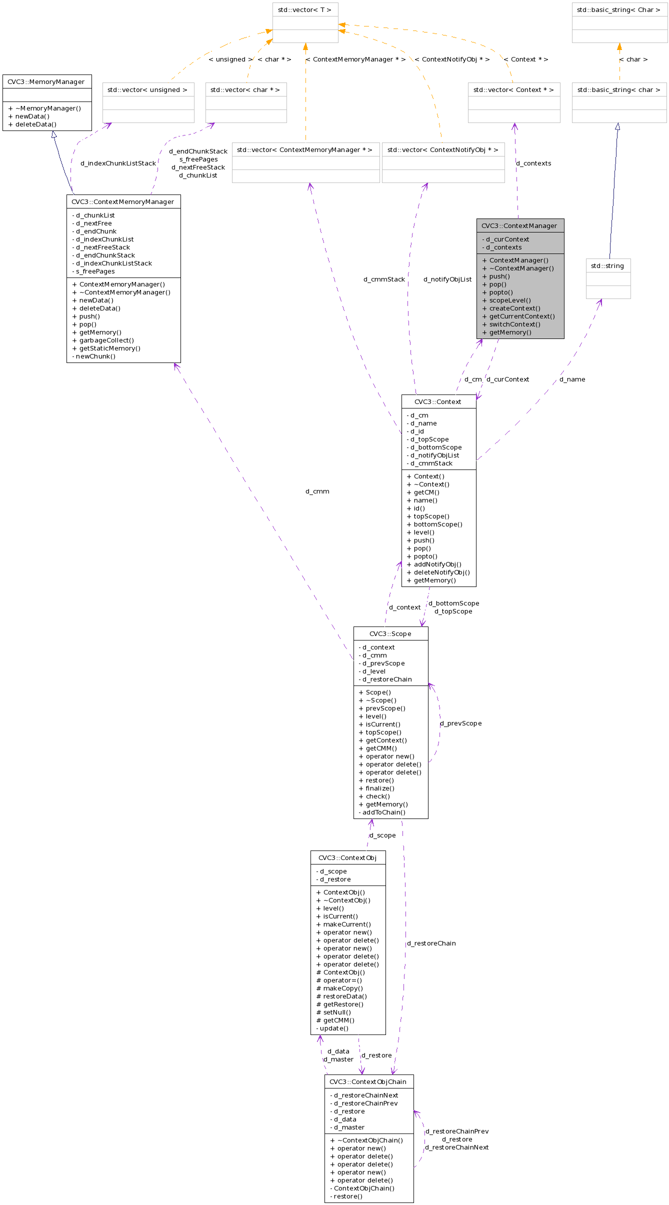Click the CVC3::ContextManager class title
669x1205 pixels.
point(519,225)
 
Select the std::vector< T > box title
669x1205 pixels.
point(304,9)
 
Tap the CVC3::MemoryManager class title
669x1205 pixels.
point(46,81)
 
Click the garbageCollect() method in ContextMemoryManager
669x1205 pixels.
point(106,340)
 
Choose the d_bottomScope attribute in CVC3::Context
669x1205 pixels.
point(436,447)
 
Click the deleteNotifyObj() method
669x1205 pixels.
point(441,572)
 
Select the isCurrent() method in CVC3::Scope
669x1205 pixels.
point(383,724)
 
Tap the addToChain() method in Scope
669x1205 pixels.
point(384,812)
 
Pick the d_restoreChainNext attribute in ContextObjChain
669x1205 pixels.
point(366,1095)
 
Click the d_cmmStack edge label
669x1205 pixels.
point(384,279)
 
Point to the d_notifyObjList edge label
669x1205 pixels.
point(447,279)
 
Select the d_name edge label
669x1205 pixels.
point(572,379)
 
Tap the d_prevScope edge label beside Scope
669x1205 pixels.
point(461,723)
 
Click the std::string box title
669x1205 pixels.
point(607,265)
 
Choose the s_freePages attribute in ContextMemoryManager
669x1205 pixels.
point(95,271)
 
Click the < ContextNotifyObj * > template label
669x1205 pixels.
point(452,59)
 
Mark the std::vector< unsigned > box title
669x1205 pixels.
point(147,89)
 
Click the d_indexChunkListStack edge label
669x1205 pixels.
point(118,163)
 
